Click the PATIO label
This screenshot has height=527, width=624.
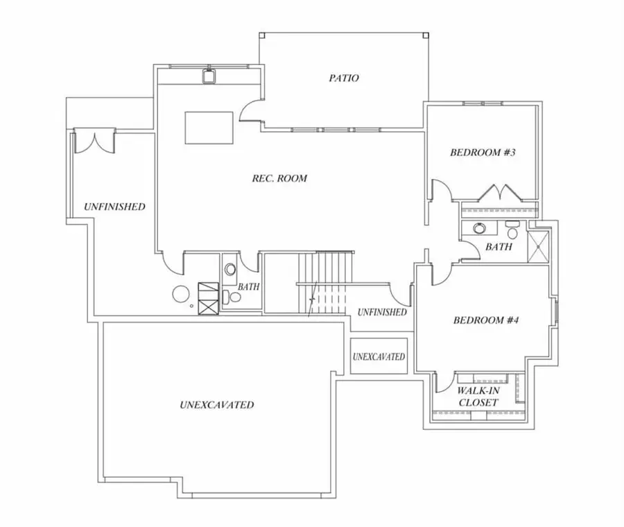click(x=344, y=78)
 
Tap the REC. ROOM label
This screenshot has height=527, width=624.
click(x=279, y=178)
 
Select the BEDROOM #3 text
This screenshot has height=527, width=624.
click(x=483, y=153)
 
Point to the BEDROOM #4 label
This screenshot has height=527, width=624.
click(x=486, y=320)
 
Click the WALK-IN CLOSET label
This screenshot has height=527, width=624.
click(x=478, y=397)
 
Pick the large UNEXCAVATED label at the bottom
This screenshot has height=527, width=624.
click(x=217, y=405)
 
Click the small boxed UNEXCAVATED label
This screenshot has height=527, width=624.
click(x=379, y=356)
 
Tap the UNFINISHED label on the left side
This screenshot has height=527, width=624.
click(x=114, y=207)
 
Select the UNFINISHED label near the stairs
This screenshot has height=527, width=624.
click(x=382, y=312)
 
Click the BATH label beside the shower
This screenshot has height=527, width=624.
click(x=499, y=247)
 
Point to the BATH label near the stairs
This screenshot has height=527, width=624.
click(x=249, y=286)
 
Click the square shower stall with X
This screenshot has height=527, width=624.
click(x=538, y=246)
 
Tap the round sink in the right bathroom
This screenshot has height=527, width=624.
click(x=480, y=228)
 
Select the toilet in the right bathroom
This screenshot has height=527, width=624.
click(x=512, y=230)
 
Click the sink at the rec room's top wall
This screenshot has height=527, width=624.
click(x=209, y=76)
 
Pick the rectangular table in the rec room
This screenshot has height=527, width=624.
click(x=209, y=128)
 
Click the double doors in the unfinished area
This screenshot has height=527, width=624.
click(x=95, y=141)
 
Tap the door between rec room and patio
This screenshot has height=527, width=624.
click(x=252, y=109)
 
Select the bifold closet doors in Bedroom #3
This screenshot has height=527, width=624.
click(x=500, y=192)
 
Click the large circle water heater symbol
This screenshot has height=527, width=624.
click(x=181, y=294)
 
